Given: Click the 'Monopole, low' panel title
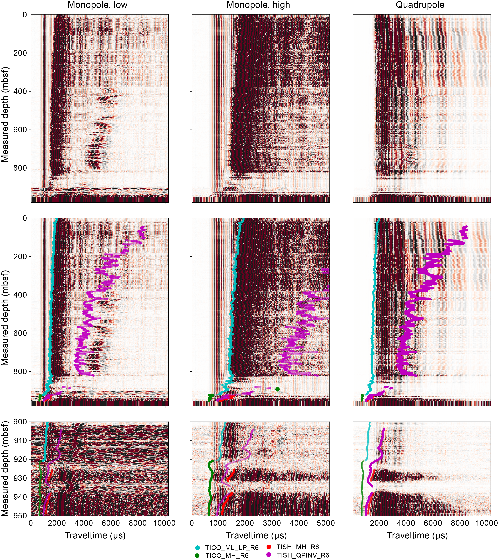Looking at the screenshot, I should click(x=98, y=5).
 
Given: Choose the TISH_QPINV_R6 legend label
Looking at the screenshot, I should click(x=303, y=555).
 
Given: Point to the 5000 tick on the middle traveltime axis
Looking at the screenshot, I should click(x=325, y=523).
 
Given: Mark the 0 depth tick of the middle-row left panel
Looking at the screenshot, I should click(x=25, y=218).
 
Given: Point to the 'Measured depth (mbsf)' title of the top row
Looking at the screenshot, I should click(x=5, y=114).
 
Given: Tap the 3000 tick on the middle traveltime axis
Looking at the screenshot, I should click(x=272, y=523).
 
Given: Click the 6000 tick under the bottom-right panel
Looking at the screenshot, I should click(x=433, y=523).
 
